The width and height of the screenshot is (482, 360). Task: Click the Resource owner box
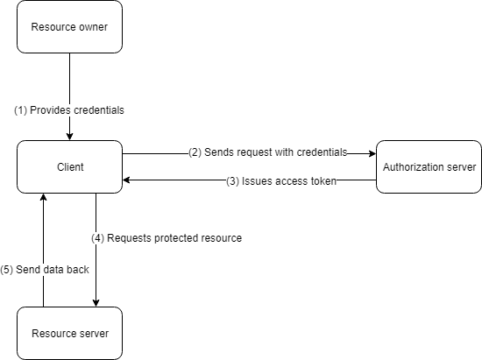click(x=69, y=27)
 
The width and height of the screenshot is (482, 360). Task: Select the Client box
click(x=69, y=166)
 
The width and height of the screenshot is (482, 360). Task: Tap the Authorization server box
click(x=429, y=166)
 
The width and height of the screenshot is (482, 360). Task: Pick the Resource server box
click(x=69, y=333)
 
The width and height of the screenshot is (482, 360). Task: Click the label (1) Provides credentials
click(x=68, y=110)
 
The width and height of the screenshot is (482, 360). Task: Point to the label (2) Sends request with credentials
click(x=267, y=152)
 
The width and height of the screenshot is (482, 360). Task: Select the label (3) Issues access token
click(x=281, y=181)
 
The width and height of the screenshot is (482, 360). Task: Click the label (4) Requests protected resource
click(x=167, y=237)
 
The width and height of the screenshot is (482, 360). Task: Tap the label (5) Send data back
click(x=45, y=270)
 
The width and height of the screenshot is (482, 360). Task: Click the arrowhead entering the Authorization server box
click(x=372, y=153)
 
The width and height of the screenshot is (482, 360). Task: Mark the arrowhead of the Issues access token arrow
click(x=128, y=180)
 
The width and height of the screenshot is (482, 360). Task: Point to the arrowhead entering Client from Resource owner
click(x=69, y=136)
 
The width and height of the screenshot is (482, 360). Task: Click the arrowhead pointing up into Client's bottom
click(x=43, y=198)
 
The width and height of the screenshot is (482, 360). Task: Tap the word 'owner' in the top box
click(x=92, y=27)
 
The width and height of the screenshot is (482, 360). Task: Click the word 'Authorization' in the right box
click(x=412, y=166)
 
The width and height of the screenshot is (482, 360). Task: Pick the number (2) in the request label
click(x=195, y=152)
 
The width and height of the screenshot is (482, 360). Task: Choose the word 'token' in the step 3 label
click(x=323, y=181)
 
